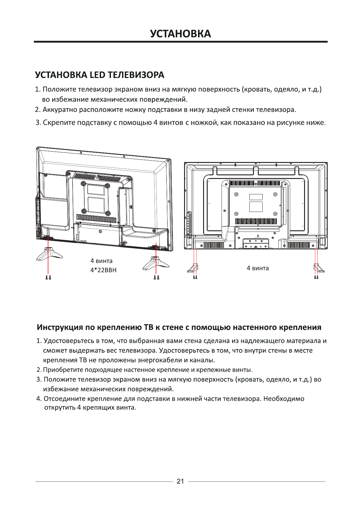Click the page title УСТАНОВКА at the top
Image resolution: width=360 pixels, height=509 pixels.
(x=180, y=34)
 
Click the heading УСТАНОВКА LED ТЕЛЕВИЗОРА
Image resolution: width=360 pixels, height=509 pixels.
(x=100, y=75)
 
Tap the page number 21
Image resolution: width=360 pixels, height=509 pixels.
(x=180, y=481)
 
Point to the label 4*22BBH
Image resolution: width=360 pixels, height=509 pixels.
(x=103, y=270)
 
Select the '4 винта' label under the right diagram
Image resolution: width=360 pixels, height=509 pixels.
(x=258, y=268)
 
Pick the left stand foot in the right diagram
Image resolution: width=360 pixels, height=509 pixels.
(x=193, y=268)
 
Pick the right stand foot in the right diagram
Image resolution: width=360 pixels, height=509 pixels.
(x=318, y=268)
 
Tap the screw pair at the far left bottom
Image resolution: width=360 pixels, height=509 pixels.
(x=48, y=277)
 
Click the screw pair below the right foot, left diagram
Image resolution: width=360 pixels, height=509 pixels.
(x=156, y=277)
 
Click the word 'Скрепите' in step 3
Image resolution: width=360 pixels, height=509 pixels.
(x=59, y=122)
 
